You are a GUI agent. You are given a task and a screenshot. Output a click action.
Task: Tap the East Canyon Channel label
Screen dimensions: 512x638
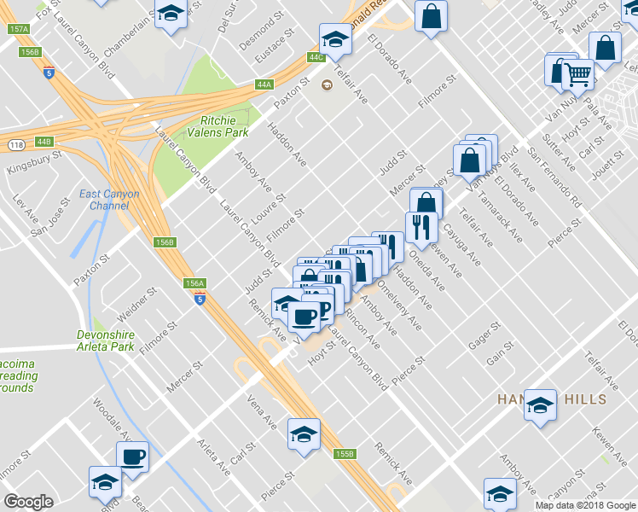click(x=109, y=200)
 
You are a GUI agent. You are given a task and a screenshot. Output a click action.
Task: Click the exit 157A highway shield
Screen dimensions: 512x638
click(x=19, y=29)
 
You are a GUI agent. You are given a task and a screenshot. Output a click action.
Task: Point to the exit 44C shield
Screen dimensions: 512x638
click(x=316, y=57)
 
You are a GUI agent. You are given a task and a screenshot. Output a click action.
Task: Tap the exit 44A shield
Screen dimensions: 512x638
click(x=264, y=84)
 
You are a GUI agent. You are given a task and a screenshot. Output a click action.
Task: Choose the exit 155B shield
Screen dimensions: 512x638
click(x=344, y=454)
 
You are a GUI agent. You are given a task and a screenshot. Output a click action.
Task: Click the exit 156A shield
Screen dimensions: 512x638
click(x=194, y=283)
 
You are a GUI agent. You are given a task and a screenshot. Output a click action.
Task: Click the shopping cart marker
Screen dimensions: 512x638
click(x=578, y=77)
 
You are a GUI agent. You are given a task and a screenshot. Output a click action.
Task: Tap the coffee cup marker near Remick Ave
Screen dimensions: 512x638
click(x=303, y=317)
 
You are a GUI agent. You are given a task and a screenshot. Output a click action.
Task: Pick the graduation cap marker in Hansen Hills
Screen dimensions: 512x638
click(x=540, y=406)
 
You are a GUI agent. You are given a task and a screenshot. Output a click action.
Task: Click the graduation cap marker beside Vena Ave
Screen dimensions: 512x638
click(x=304, y=434)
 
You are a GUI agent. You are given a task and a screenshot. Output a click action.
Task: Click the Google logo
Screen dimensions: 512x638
click(x=29, y=502)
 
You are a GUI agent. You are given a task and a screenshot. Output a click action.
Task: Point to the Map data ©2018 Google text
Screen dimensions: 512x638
click(x=585, y=505)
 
